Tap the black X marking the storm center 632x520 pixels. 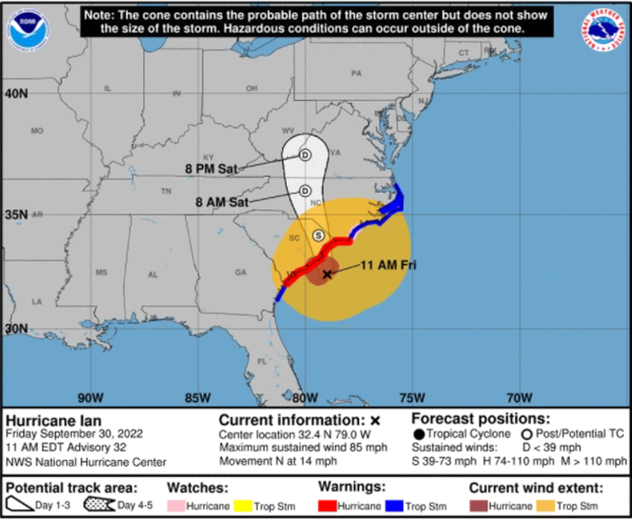pos(327,274)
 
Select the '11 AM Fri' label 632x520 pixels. pos(388,266)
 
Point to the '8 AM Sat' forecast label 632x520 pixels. pos(222,202)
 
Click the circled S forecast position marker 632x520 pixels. pos(318,236)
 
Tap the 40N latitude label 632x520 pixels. pos(17,93)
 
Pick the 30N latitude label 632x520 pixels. pos(16,328)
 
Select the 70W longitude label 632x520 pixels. pos(519,397)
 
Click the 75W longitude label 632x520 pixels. pos(412,397)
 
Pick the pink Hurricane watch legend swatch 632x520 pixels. pos(175,506)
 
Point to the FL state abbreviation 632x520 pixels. pos(262,361)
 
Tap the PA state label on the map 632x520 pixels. pos(356,73)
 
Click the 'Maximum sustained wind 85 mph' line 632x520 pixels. pos(303,447)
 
